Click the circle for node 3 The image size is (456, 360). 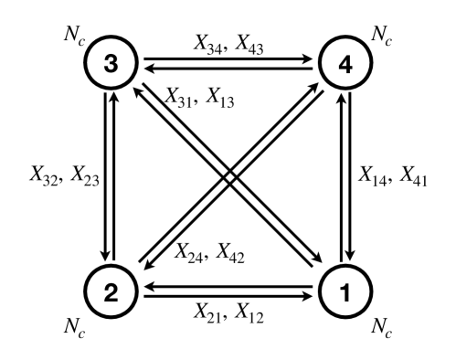pos(111,66)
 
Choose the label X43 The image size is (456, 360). pos(251,45)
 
